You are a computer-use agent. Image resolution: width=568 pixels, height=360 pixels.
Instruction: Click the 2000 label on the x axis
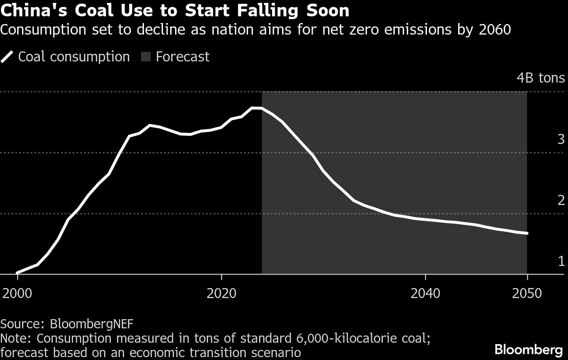coord(17,292)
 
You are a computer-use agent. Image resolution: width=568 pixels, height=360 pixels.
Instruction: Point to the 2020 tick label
coord(221,292)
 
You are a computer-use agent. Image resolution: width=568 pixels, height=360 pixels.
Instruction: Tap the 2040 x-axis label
coord(426,292)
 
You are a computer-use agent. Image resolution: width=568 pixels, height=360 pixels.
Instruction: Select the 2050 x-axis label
coord(527,292)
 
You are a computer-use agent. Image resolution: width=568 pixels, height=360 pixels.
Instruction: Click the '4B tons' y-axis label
coord(540,78)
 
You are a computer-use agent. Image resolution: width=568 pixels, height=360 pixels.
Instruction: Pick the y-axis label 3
coord(561,140)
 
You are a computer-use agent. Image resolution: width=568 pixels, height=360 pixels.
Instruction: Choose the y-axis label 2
coord(561,201)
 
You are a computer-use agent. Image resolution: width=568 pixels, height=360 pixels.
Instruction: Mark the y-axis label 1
coord(561,262)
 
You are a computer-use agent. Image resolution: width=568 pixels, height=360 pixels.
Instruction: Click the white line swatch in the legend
coord(8,57)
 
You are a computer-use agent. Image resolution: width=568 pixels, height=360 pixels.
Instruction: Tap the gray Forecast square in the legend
coord(145,57)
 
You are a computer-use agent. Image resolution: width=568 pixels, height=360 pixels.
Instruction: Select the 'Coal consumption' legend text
coord(74,57)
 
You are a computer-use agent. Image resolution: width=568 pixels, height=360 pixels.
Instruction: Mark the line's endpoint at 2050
coord(527,233)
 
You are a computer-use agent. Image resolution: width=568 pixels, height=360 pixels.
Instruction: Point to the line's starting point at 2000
coord(17,273)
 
